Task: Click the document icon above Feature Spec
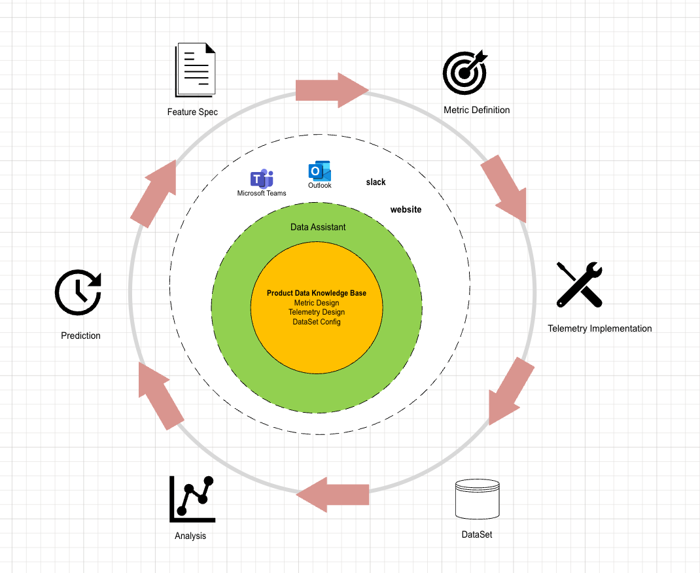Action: [x=195, y=69]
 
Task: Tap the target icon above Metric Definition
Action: [x=465, y=72]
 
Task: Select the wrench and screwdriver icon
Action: [x=579, y=285]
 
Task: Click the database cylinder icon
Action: [x=477, y=501]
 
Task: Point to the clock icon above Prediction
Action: [x=78, y=292]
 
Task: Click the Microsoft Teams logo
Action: [x=262, y=179]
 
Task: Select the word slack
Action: [x=376, y=182]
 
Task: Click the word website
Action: [x=406, y=209]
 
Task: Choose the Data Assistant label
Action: [x=318, y=227]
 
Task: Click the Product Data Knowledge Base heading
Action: [x=317, y=293]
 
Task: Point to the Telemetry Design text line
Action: [x=317, y=312]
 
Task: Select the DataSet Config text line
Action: [x=317, y=321]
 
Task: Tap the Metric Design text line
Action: [x=317, y=303]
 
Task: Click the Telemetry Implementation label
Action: [x=600, y=328]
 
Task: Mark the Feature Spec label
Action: [x=192, y=112]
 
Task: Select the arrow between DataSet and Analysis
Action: [x=333, y=494]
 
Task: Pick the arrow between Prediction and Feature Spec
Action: [x=154, y=194]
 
